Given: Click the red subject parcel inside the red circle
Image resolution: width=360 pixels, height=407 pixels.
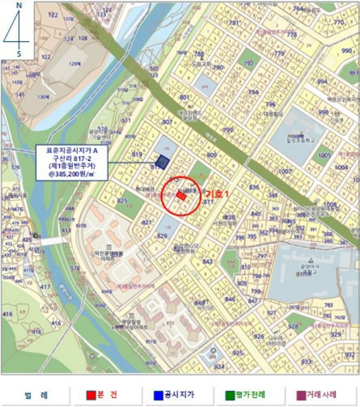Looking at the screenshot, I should pos(181,196).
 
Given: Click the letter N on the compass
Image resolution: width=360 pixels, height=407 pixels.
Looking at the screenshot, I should pos(19,5).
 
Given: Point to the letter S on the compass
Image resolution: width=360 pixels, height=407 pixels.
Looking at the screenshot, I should pos(19,53).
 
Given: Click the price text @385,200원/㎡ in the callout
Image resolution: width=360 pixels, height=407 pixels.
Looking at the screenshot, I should pos(73,174).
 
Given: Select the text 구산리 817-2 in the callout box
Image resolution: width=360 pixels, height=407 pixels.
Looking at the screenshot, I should pos(73,158).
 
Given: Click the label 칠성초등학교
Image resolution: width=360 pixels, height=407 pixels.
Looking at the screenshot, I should pos(300,140).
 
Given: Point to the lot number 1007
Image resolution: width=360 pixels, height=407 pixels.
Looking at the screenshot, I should pos(285,172).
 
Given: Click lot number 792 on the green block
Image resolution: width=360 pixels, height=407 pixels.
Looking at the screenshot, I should pos(248,63).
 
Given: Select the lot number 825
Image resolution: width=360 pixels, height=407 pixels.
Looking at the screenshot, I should pos(122,201).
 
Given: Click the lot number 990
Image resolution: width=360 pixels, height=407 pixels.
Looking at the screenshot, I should pos(347,51).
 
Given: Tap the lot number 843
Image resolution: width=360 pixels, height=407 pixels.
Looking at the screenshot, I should pos(207,262).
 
